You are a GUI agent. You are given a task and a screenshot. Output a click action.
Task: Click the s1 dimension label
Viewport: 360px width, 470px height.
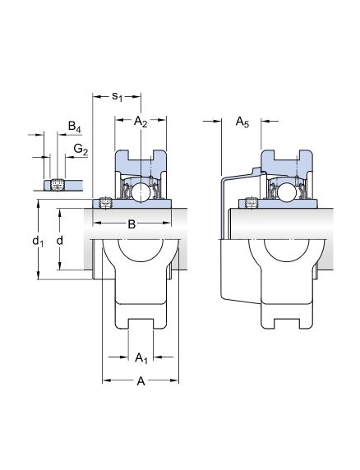pyautogui.click(x=117, y=96)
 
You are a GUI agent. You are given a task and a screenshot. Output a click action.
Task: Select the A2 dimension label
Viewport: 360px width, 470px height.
pyautogui.click(x=141, y=122)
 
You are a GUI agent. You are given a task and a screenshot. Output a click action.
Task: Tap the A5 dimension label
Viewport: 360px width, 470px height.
pyautogui.click(x=242, y=122)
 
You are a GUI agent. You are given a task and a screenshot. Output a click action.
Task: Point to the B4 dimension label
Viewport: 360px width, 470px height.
pyautogui.click(x=74, y=127)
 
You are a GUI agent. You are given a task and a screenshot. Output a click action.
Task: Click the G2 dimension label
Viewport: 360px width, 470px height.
pyautogui.click(x=81, y=149)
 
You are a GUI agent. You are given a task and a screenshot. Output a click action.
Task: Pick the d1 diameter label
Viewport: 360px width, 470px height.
pyautogui.click(x=38, y=241)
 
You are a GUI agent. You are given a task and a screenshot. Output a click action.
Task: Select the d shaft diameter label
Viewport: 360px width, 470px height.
pyautogui.click(x=60, y=240)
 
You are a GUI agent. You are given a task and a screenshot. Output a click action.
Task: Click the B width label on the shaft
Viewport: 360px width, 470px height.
pyautogui.click(x=132, y=223)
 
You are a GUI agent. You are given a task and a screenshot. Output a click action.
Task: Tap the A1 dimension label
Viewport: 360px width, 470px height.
pyautogui.click(x=141, y=357)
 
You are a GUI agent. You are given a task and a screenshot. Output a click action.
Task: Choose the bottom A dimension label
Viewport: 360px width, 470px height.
pyautogui.click(x=141, y=381)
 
